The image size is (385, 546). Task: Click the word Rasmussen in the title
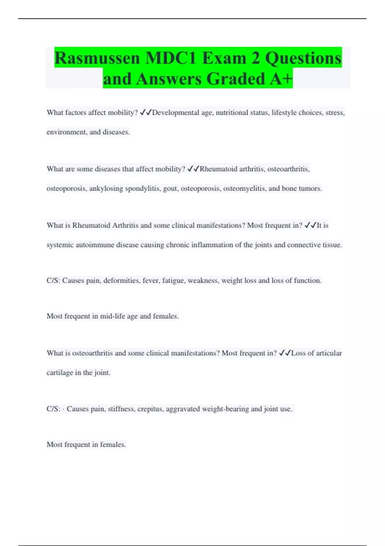click(x=97, y=58)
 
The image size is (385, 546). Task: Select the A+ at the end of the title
click(x=281, y=79)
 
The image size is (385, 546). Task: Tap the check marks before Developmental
click(x=146, y=113)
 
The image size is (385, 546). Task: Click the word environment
click(x=66, y=132)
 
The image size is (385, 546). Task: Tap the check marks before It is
click(x=310, y=225)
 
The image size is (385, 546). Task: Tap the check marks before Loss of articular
click(x=285, y=353)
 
